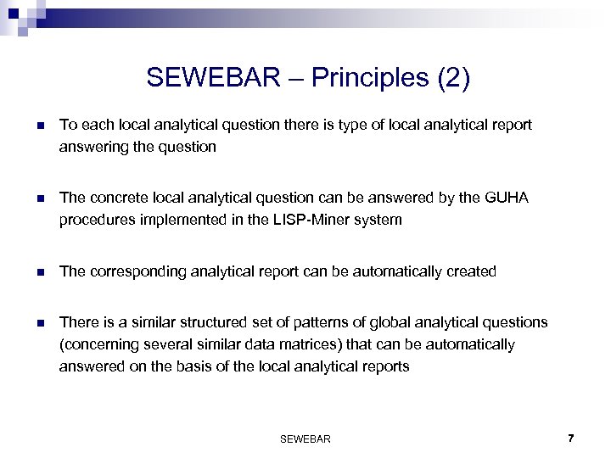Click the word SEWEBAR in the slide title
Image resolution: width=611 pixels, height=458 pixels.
pos(212,78)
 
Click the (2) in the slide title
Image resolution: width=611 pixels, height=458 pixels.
pos(451,78)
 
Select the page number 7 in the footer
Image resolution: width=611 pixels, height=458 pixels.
pos(571,438)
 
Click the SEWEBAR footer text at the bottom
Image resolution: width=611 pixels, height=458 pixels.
pos(305,438)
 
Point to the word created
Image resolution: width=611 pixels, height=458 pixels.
pos(472,271)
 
